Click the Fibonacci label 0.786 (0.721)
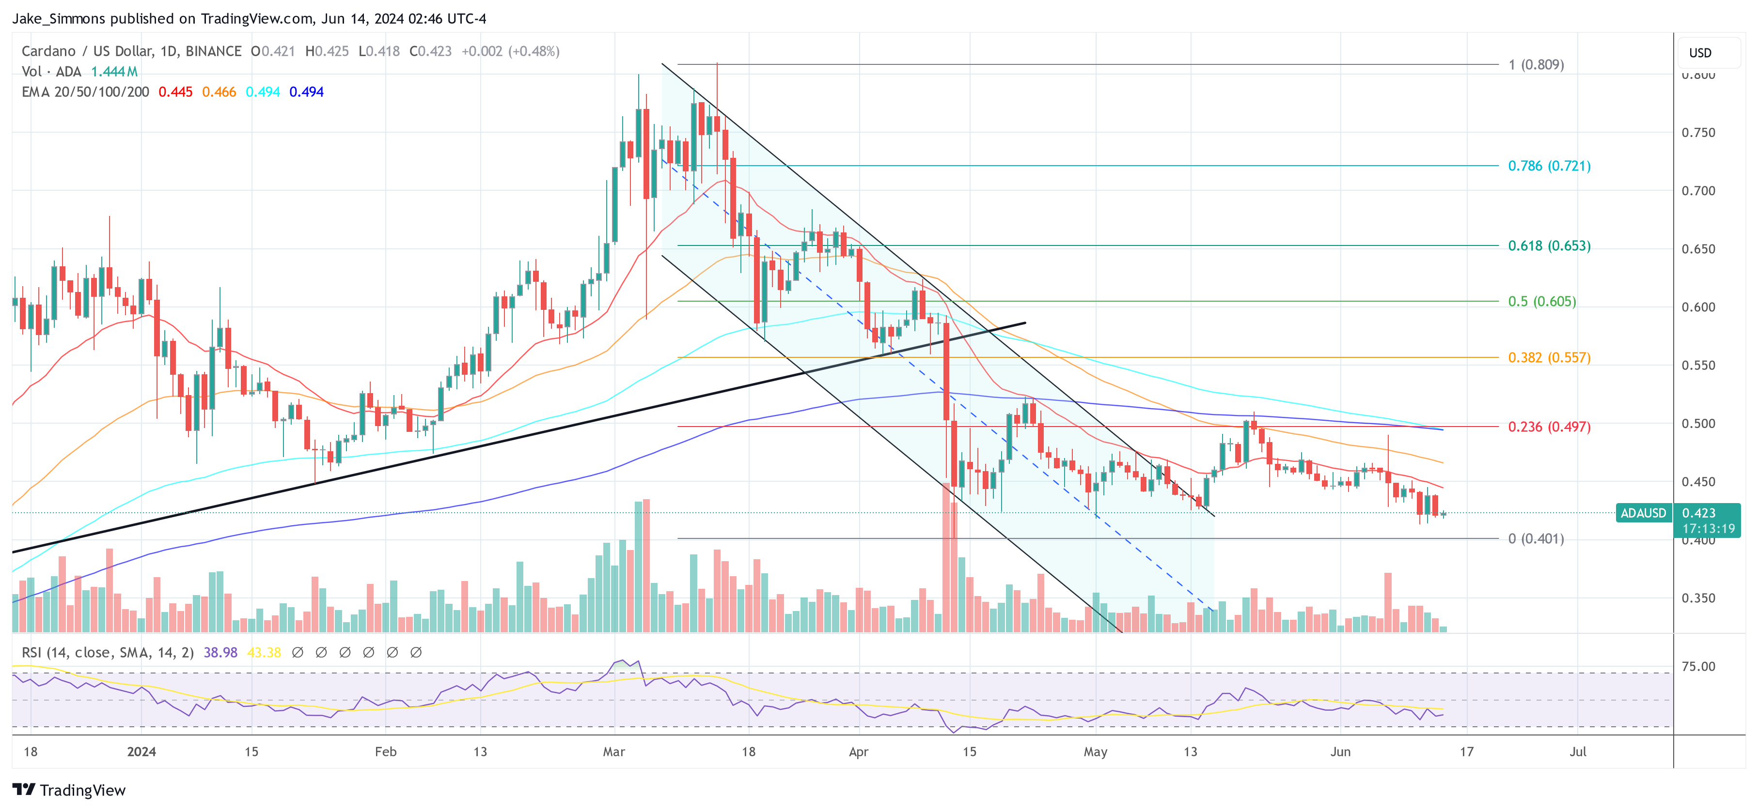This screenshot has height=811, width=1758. [1549, 166]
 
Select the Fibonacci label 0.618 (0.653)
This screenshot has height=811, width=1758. [1549, 245]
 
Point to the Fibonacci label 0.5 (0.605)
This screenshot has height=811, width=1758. [1542, 302]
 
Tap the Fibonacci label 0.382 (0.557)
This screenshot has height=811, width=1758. [1549, 357]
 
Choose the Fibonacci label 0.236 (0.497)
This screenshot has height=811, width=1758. [1549, 427]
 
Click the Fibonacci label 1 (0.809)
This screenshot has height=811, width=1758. [1536, 65]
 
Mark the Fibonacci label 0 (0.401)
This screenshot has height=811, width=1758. [1536, 539]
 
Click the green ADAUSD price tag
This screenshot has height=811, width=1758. [1643, 513]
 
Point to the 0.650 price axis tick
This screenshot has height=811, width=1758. [1697, 249]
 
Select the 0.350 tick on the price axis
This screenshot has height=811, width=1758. [1697, 598]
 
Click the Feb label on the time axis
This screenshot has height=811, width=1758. [386, 751]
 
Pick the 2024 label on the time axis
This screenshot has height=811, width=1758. [141, 751]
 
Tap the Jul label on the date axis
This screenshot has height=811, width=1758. [1577, 751]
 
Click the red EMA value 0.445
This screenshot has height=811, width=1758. [175, 92]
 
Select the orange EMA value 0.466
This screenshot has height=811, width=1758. [219, 92]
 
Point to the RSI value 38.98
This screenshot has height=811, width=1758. [220, 653]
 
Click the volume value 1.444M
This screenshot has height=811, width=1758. [114, 72]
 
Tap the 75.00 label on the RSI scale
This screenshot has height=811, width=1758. [1697, 666]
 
